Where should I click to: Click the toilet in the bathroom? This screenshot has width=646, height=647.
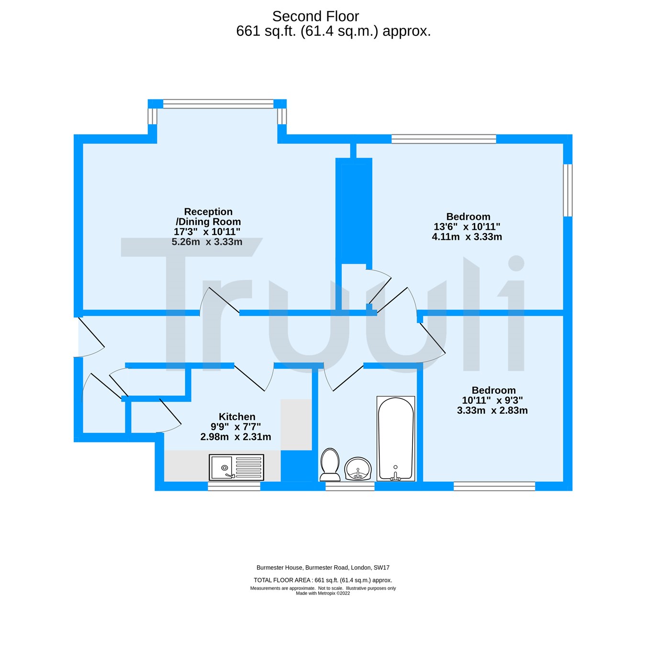329,464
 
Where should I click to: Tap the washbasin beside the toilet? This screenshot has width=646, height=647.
357,468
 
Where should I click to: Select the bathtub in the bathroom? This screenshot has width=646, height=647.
395,438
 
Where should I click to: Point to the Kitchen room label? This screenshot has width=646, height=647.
237,417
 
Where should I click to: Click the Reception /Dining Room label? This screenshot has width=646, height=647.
208,216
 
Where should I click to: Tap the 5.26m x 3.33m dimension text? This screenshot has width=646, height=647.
207,242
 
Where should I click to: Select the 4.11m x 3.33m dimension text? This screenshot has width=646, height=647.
467,237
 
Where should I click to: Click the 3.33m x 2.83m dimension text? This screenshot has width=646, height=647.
492,410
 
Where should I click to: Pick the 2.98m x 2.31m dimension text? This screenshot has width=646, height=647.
235,437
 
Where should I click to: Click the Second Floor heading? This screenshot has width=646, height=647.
315,16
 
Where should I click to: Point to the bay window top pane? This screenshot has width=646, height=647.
218,104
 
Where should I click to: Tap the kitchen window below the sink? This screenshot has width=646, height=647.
234,486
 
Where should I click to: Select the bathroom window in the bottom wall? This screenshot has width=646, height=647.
350,486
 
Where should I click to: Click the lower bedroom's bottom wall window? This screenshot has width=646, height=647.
494,486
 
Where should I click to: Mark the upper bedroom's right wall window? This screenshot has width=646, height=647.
568,190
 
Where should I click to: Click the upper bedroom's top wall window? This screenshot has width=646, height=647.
444,139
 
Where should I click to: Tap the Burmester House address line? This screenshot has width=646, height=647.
323,568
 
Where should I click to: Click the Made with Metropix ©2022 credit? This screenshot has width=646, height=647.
323,593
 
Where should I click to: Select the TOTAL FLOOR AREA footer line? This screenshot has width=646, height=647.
323,580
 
